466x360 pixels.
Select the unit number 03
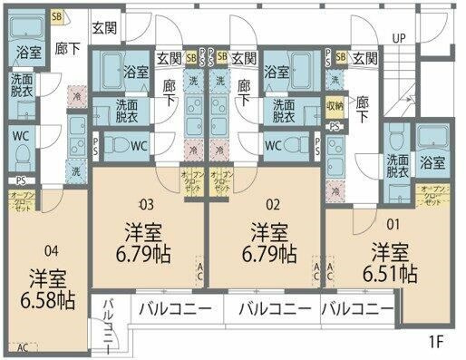pos(147,203)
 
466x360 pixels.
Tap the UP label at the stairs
pos(398,38)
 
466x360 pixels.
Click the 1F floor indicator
pos(437,342)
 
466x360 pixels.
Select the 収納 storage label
pos(335,106)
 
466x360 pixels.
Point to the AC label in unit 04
pos(22,346)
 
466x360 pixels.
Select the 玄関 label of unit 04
pos(104,30)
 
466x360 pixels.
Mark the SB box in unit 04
pos(57,16)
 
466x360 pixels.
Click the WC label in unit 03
pos(140,145)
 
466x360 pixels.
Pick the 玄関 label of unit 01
pos(364,59)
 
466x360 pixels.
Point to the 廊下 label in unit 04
pos(64,51)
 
